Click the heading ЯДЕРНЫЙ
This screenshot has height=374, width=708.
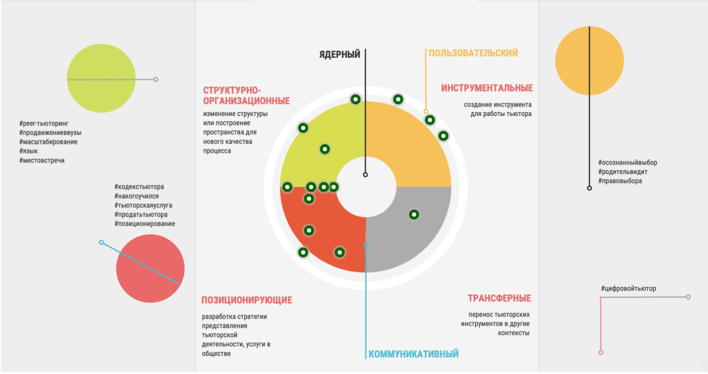tap(339, 55)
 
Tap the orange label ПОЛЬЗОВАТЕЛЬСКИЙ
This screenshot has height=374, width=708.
tap(473, 53)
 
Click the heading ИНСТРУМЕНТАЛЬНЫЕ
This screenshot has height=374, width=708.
tap(487, 88)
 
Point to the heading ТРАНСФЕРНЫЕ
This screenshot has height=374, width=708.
tap(499, 298)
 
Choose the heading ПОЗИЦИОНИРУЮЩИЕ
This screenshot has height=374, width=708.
tap(247, 300)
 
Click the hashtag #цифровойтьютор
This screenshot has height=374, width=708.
tap(628, 289)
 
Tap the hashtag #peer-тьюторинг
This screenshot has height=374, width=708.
tap(44, 123)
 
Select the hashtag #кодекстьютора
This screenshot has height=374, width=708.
tap(139, 187)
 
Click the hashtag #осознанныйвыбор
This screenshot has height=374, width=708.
tap(628, 163)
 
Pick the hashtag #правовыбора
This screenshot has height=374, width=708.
tap(620, 181)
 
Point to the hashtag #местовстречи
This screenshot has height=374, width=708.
tap(42, 160)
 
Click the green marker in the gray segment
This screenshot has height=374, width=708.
tap(414, 215)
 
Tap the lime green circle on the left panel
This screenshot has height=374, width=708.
tap(101, 78)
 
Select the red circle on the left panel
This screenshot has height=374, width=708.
tap(150, 269)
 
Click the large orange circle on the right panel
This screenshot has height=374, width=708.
tap(589, 60)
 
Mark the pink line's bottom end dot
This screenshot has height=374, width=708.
tap(601, 352)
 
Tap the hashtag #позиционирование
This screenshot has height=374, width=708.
tap(144, 224)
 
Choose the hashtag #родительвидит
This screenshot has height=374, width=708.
tap(623, 172)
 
